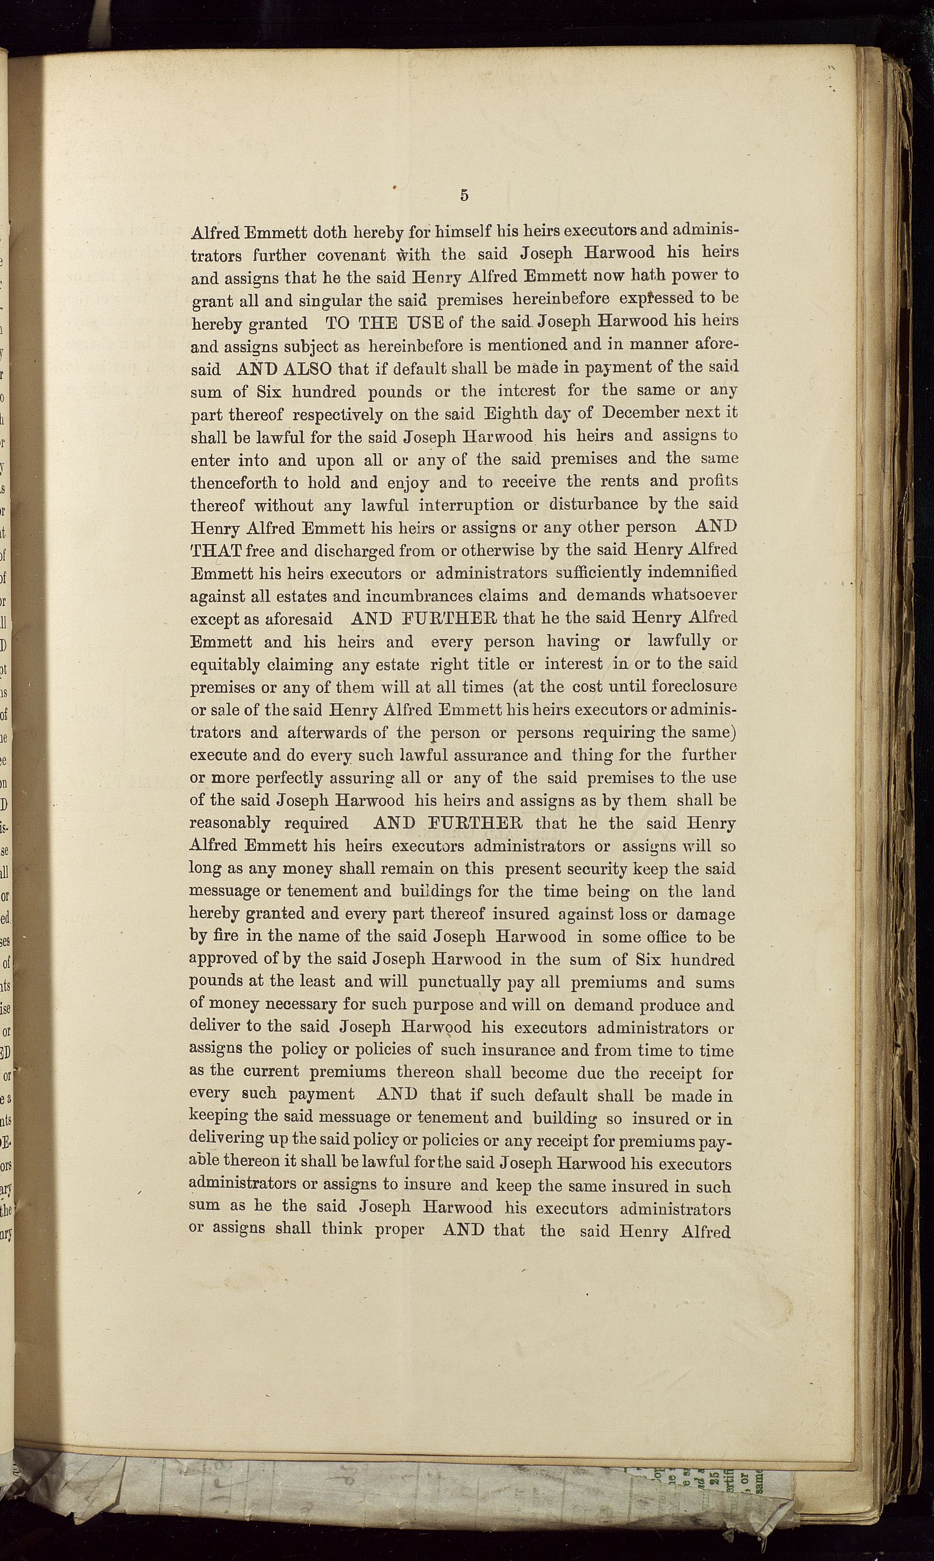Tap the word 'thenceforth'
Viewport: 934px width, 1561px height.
tap(233, 483)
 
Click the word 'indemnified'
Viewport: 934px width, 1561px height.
tap(689, 573)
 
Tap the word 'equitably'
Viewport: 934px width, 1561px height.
tap(225, 665)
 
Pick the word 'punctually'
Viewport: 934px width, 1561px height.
tap(459, 983)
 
